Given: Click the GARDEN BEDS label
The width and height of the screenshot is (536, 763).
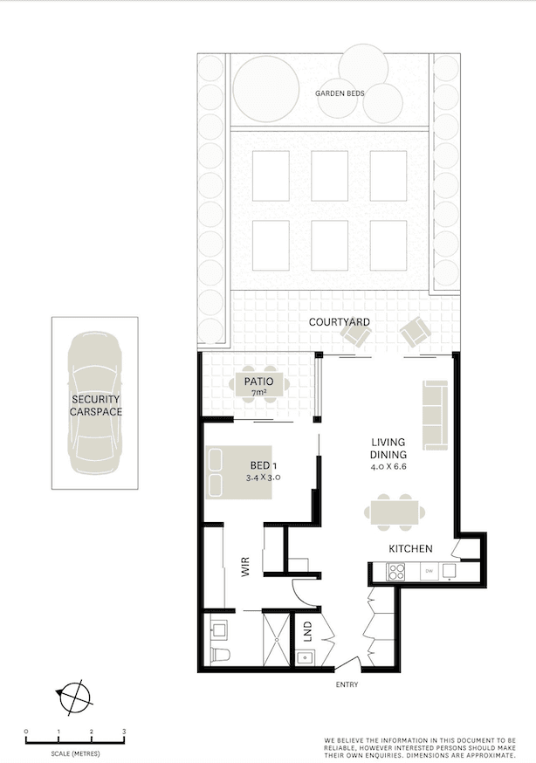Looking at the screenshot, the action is [x=340, y=93].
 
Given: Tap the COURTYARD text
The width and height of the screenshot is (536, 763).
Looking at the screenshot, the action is [x=339, y=322].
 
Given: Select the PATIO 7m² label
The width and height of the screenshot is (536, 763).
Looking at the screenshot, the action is [x=258, y=385].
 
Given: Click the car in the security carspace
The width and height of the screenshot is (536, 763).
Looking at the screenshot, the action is [x=95, y=403].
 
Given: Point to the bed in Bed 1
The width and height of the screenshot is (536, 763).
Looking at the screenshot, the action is [x=238, y=472].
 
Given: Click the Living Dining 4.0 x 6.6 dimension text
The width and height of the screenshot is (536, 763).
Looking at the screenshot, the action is [x=388, y=467].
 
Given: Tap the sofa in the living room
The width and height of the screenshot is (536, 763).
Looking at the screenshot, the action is [x=435, y=415].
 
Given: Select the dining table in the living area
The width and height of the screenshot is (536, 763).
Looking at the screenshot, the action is [x=395, y=512].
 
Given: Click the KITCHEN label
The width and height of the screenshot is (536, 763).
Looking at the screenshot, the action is [x=410, y=548].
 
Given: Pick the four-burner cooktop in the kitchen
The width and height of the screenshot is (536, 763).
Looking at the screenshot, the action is [x=395, y=571].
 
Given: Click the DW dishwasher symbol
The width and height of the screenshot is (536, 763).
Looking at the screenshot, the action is [x=429, y=571].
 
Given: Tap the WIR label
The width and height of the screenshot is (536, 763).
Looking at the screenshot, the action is [x=245, y=567].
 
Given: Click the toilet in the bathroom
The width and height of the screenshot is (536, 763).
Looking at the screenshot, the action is [x=222, y=654].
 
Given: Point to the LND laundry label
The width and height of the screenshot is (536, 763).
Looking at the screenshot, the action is [x=308, y=632].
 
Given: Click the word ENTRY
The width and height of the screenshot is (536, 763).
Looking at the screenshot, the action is [x=347, y=684].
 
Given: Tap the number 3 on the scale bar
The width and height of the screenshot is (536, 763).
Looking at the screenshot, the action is [x=124, y=732].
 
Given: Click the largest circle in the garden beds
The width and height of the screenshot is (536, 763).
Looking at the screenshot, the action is [x=265, y=88].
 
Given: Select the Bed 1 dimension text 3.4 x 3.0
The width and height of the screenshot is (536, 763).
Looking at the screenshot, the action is [x=263, y=478].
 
